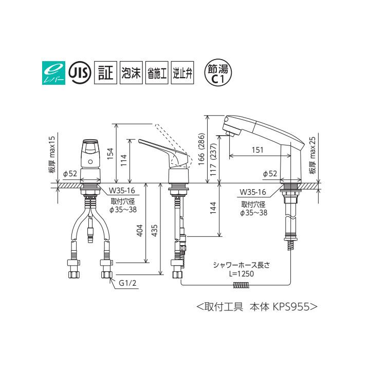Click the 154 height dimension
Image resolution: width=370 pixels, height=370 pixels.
(110, 153)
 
